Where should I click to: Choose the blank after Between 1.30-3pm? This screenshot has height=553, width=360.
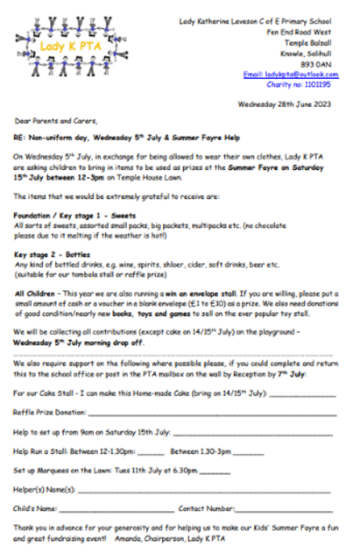[248, 450]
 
